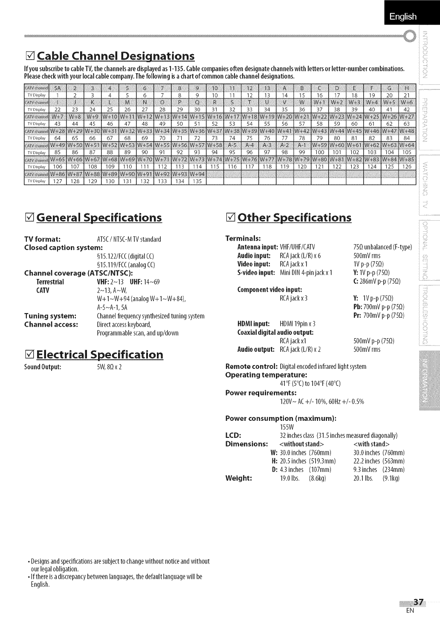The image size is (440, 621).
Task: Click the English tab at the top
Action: pos(402,17)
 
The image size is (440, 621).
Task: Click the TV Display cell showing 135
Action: pos(197,181)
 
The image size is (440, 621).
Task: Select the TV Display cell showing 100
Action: pos(320,152)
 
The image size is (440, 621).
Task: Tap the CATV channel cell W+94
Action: pos(197,174)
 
